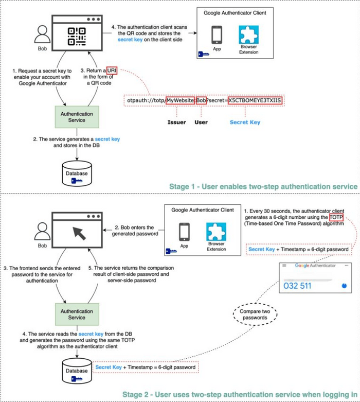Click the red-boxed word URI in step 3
(x=112, y=70)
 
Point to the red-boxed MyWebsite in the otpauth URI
(x=180, y=100)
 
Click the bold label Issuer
(x=176, y=123)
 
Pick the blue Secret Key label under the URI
(x=244, y=123)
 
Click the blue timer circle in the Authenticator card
(x=344, y=285)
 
